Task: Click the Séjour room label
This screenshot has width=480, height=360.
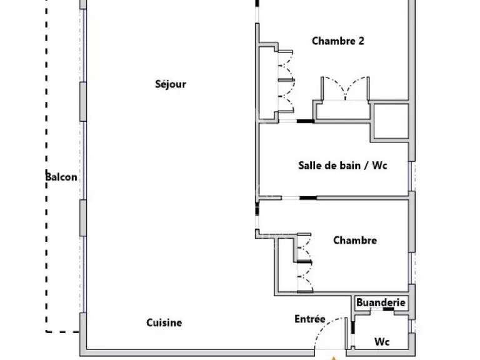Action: tap(171, 84)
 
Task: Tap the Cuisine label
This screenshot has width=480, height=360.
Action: tap(164, 322)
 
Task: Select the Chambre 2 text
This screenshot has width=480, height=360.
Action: tap(338, 41)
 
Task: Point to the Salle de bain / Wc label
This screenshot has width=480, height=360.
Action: tap(342, 166)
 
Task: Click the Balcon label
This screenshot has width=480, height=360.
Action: tap(61, 177)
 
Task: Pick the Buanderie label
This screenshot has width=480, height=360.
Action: tap(381, 302)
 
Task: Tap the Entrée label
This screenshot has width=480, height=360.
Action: tap(310, 319)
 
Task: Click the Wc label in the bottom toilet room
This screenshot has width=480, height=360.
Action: tap(382, 341)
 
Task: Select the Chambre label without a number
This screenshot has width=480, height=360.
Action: tap(355, 240)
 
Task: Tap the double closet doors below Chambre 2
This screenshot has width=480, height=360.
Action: tap(345, 89)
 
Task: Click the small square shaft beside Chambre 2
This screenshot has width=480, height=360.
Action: tap(391, 121)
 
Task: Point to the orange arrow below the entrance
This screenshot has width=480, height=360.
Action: tap(334, 358)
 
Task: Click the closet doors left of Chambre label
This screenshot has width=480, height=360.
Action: tap(305, 262)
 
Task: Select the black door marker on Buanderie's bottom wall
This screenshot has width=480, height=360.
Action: tap(388, 309)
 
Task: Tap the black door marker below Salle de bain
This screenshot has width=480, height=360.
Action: tap(308, 198)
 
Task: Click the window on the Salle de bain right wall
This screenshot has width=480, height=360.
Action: tap(411, 176)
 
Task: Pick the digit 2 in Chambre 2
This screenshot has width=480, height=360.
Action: tap(361, 41)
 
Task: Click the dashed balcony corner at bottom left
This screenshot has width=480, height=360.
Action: tap(46, 331)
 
